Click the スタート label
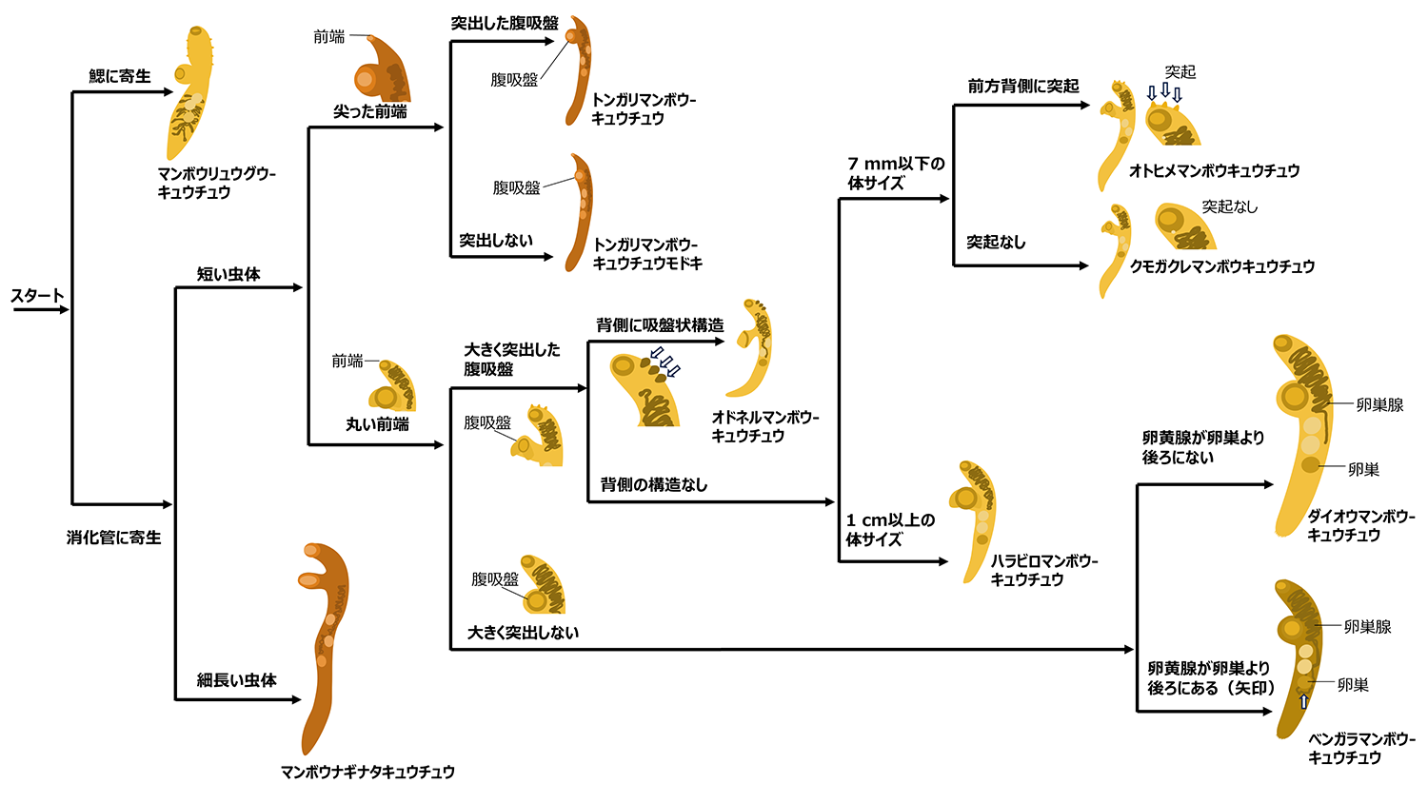click(x=37, y=296)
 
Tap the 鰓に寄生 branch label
click(x=120, y=76)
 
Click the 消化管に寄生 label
click(x=113, y=538)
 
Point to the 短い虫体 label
click(x=228, y=274)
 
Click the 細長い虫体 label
click(x=236, y=680)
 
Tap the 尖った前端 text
click(x=369, y=112)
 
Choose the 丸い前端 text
click(x=377, y=424)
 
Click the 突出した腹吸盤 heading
click(x=505, y=24)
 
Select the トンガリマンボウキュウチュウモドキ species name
click(x=647, y=254)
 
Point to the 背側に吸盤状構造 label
click(x=660, y=325)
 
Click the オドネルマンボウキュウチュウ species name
click(x=764, y=426)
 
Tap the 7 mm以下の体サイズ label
click(x=895, y=173)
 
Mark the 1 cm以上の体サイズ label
click(x=890, y=529)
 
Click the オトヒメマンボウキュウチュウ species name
click(x=1214, y=171)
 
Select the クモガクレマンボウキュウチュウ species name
click(x=1221, y=266)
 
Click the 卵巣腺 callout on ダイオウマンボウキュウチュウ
click(x=1379, y=405)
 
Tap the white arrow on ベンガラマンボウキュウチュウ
click(x=1304, y=701)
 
